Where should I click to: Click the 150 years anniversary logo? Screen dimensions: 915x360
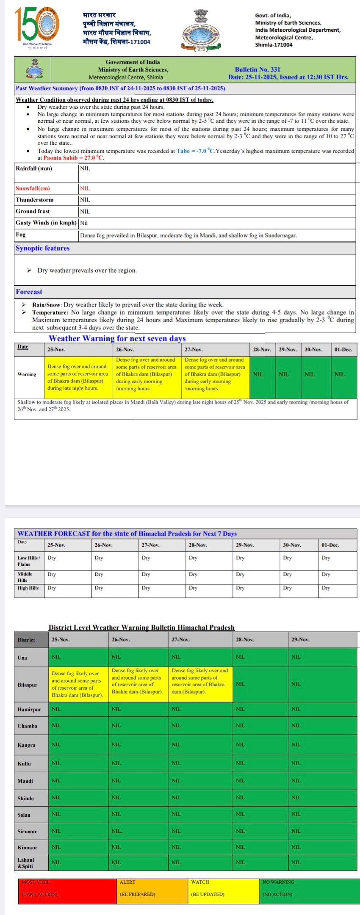point(37,27)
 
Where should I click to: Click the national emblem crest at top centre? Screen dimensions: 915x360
point(201,30)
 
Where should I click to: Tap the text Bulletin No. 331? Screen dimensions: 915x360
point(258,69)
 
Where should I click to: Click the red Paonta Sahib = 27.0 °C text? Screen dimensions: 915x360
point(73,158)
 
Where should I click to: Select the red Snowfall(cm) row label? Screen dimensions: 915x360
point(33,188)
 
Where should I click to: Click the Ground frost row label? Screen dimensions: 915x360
point(33,211)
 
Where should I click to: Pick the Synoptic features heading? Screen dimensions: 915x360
point(42,248)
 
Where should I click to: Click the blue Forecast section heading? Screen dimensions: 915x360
point(29,292)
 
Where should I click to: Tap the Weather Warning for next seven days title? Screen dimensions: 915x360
point(117,338)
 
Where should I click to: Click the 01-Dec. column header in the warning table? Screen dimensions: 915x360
point(343,350)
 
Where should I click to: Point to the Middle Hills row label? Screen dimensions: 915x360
point(25,577)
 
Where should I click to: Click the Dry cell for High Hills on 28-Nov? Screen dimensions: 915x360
point(193,588)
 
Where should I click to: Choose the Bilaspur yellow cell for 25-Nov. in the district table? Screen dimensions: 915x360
point(78,684)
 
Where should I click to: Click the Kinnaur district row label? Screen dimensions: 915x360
point(28,847)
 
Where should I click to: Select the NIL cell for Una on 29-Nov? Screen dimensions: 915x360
point(296,657)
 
